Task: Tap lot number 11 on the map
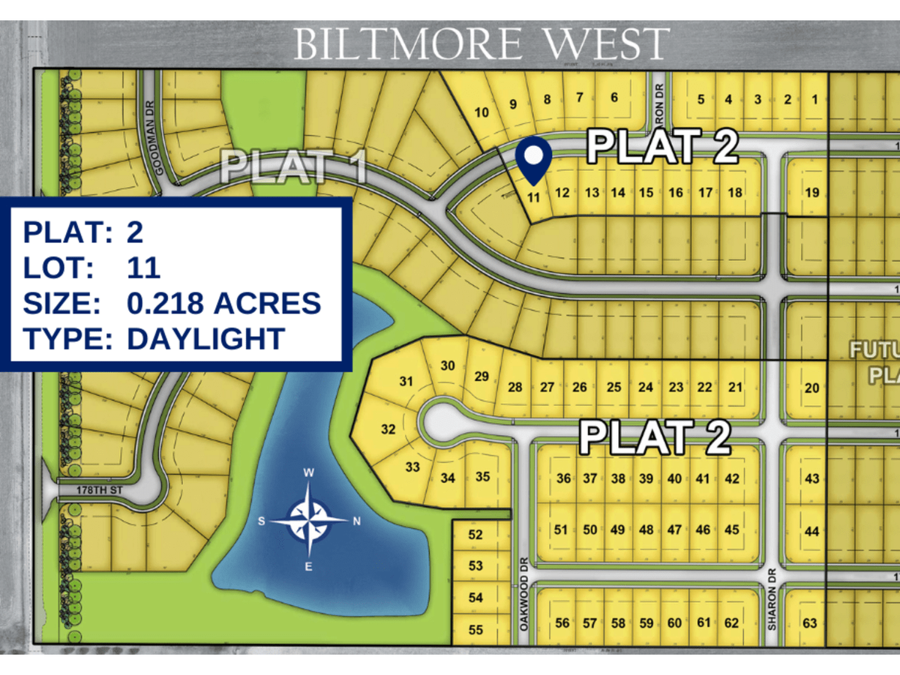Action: (534, 199)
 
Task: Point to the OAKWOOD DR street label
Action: (523, 599)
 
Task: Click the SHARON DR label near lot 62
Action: (772, 607)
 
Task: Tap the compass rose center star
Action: (308, 520)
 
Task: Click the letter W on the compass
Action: (308, 472)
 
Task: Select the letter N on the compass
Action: (357, 521)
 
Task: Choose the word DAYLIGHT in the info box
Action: (205, 338)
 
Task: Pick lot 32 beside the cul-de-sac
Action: (388, 430)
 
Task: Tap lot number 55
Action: (475, 630)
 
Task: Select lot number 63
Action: (809, 623)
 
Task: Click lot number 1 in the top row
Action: (816, 100)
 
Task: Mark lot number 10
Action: (482, 112)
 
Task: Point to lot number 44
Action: (811, 532)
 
